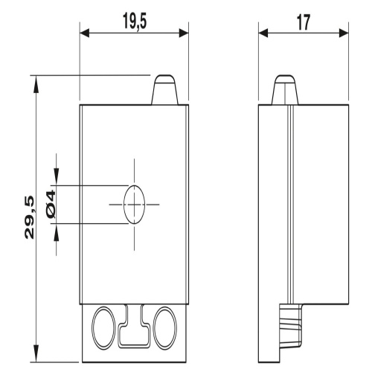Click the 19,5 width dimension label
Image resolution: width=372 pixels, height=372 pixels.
point(135,22)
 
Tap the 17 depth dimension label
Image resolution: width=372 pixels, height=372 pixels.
point(304,22)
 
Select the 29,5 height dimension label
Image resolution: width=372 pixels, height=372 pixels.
point(30,217)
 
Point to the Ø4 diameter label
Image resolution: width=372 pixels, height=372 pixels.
point(51,204)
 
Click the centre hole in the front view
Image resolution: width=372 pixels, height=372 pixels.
point(134,205)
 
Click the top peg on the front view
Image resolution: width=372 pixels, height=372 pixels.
point(165,90)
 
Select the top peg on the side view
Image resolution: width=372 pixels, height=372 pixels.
point(285,90)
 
